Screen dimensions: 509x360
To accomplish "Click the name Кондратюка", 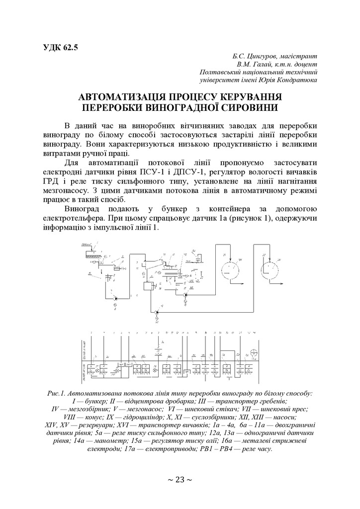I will [x=297, y=80].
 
